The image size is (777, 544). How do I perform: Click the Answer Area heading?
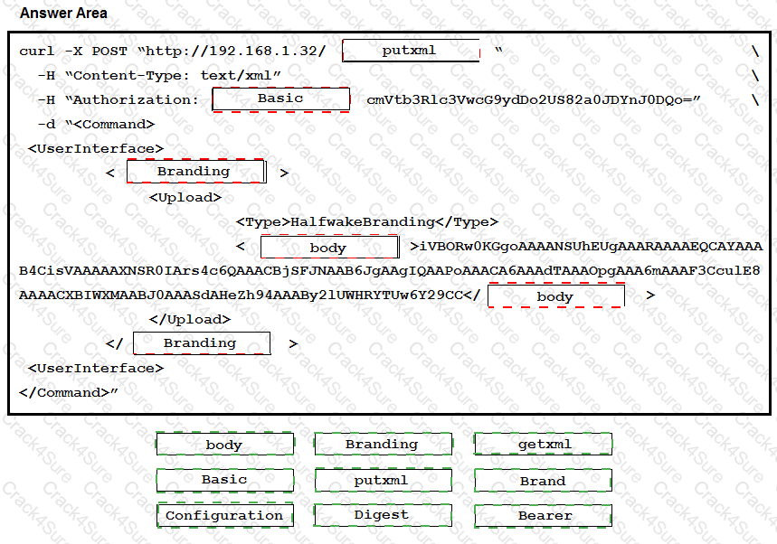click(63, 13)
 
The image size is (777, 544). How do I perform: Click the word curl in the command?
click(37, 52)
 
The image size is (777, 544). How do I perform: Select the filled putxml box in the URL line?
click(411, 51)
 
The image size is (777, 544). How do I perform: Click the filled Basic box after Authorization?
click(280, 98)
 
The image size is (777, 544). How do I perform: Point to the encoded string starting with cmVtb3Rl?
click(534, 99)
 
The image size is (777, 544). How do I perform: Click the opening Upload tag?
click(185, 197)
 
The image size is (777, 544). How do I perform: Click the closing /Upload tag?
click(189, 319)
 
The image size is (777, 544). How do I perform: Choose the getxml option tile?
click(543, 444)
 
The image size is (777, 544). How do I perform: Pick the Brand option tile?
click(543, 481)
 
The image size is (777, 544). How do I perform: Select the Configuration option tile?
click(224, 516)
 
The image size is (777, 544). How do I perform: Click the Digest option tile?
click(382, 515)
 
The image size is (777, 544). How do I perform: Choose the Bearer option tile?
click(543, 516)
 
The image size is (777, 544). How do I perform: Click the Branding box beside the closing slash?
click(201, 343)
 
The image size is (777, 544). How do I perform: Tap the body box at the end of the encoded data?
click(555, 296)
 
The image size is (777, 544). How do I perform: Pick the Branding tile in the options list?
click(382, 444)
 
